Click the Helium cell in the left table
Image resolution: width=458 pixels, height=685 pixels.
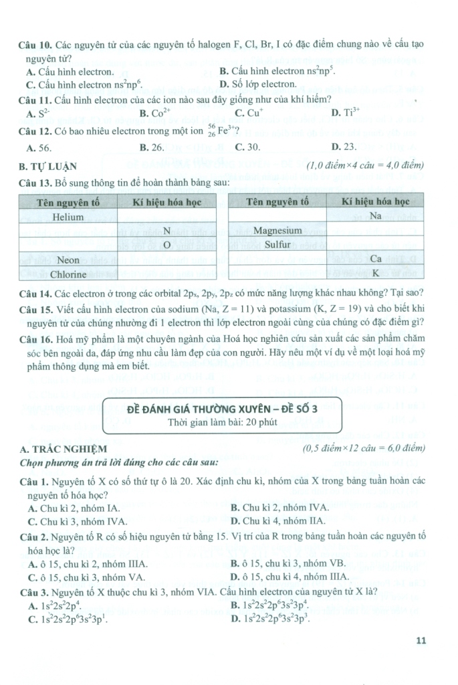tap(67, 217)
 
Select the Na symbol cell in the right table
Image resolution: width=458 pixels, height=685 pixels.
tap(375, 215)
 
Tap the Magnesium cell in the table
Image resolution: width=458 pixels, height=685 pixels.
tap(277, 230)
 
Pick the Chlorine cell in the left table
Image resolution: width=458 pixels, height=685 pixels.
tap(67, 274)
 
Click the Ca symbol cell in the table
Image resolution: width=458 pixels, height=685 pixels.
tap(375, 259)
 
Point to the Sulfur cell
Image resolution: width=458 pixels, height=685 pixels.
tap(277, 244)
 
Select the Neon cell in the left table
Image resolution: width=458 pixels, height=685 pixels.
tap(67, 259)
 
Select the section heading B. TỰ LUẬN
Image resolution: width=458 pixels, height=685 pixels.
tap(48, 166)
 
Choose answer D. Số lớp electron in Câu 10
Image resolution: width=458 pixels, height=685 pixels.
tap(257, 84)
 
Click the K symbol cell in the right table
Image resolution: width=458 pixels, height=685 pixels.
tap(375, 273)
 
